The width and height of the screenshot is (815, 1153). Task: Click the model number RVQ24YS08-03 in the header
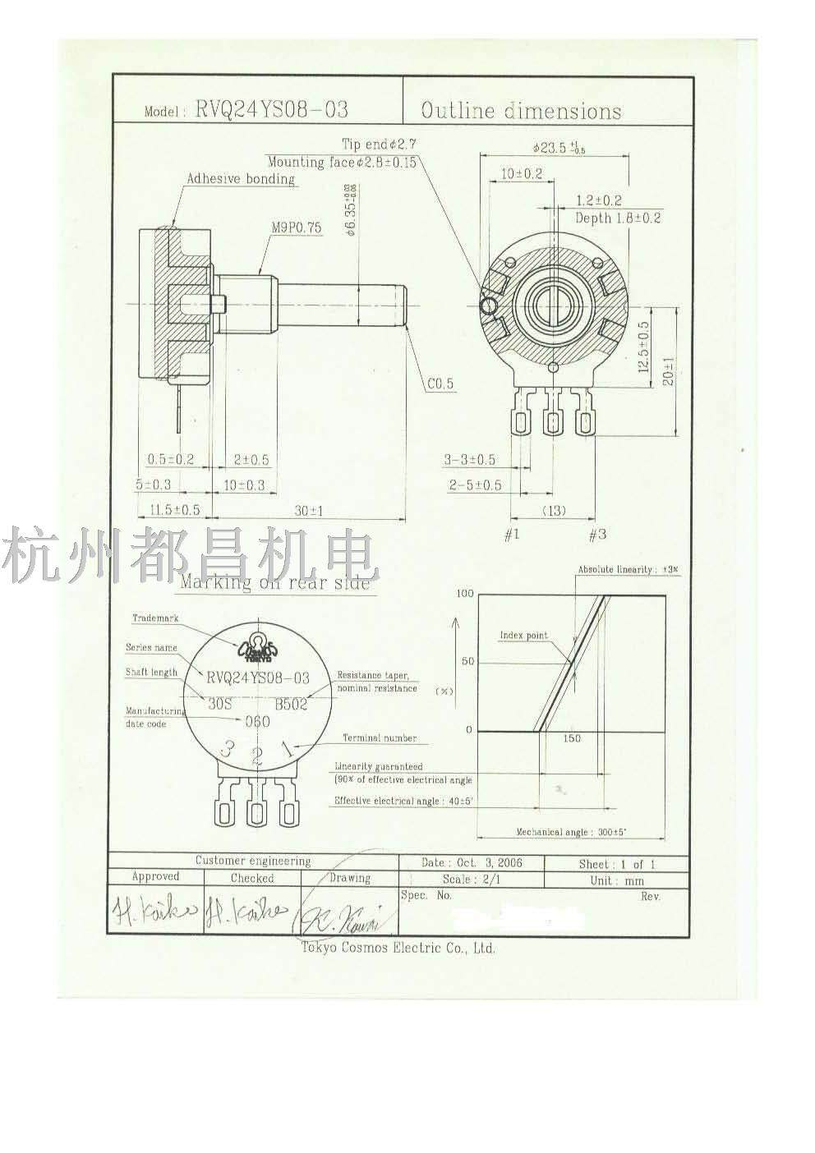point(270,111)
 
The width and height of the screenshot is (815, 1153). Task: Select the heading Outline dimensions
point(521,110)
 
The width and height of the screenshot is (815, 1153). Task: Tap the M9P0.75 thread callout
point(296,229)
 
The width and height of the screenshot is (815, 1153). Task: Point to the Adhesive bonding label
point(240,178)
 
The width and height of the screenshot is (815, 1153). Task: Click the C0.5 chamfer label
point(440,384)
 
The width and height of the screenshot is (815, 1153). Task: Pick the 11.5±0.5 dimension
point(175,511)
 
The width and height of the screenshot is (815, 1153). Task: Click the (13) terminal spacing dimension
point(555,511)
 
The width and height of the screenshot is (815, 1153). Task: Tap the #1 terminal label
point(512,535)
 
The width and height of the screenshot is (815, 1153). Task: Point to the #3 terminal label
point(597,535)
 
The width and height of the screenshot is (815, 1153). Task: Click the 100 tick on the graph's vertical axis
point(465,594)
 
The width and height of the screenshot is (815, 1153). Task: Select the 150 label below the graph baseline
point(572,738)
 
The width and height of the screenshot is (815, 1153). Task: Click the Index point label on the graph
point(523,636)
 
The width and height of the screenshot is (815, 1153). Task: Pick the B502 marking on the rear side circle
point(292,704)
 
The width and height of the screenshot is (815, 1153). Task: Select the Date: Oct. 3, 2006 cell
point(471,863)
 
